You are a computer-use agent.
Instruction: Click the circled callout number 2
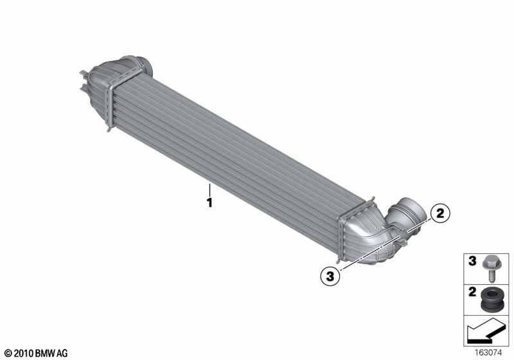pyautogui.click(x=440, y=213)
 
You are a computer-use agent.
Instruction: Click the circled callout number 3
pyautogui.click(x=330, y=276)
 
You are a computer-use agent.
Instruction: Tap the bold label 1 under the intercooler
pyautogui.click(x=209, y=203)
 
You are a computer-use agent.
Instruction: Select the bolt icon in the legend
pyautogui.click(x=491, y=268)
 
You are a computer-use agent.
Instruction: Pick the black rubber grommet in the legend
pyautogui.click(x=491, y=300)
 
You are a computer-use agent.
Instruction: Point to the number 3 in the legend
pyautogui.click(x=472, y=261)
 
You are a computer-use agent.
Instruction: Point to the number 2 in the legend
pyautogui.click(x=472, y=292)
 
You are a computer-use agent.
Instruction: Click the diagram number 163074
pyautogui.click(x=488, y=353)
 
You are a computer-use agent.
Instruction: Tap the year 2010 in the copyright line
pyautogui.click(x=24, y=354)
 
